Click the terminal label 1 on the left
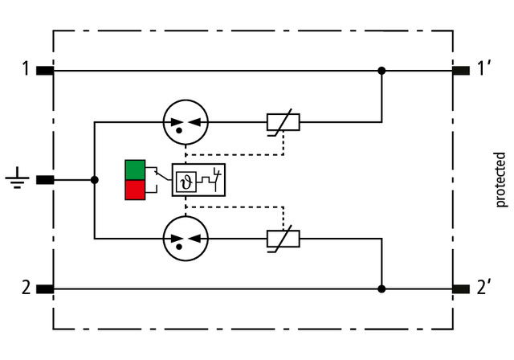pyautogui.click(x=26, y=70)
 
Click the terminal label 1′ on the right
pyautogui.click(x=484, y=70)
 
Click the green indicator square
pyautogui.click(x=135, y=170)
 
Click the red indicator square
pyautogui.click(x=135, y=190)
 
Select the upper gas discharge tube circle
pyautogui.click(x=185, y=123)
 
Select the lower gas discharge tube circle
pyautogui.click(x=185, y=238)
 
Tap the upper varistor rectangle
pyautogui.click(x=283, y=123)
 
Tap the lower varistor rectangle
pyautogui.click(x=283, y=238)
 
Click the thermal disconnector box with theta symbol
pyautogui.click(x=198, y=179)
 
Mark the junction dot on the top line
pyautogui.click(x=381, y=71)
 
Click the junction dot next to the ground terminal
pyautogui.click(x=95, y=180)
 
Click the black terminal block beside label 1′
pyautogui.click(x=460, y=71)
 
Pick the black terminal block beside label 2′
pyautogui.click(x=460, y=288)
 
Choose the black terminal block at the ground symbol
pyautogui.click(x=46, y=180)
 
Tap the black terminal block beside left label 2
pyautogui.click(x=46, y=288)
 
